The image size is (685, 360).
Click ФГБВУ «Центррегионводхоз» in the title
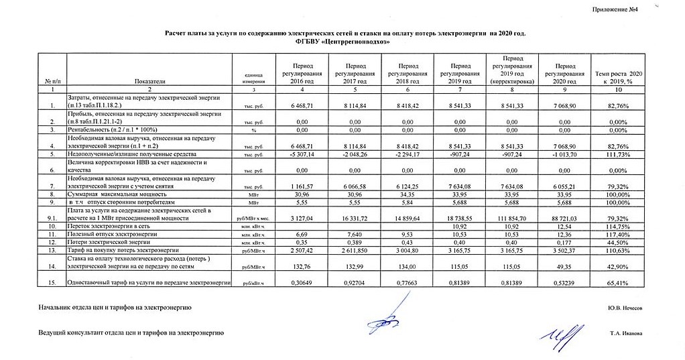(x=342, y=41)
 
